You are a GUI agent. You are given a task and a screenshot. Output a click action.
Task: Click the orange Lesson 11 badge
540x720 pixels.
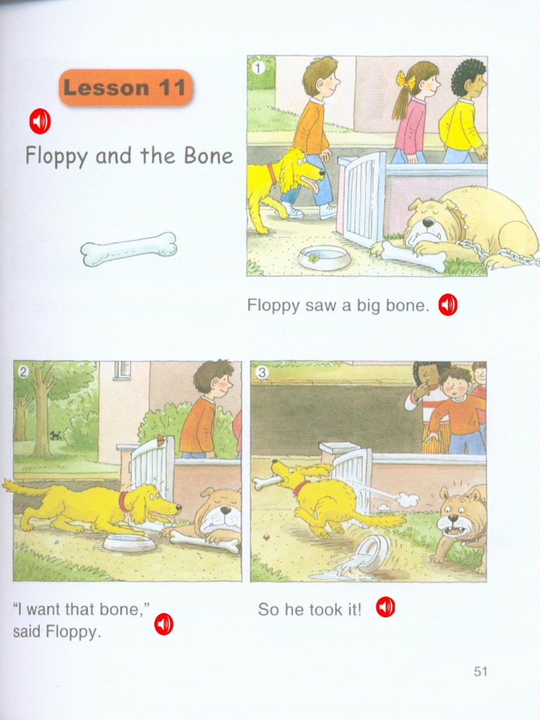point(125,88)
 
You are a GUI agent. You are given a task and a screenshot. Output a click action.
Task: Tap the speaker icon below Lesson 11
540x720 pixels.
point(39,122)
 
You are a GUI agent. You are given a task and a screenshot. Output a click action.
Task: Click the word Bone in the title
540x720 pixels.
point(208,156)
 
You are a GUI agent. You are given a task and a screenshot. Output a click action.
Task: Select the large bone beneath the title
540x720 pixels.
point(129,249)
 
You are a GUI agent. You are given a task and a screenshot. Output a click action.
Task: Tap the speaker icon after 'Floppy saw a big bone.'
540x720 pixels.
point(448,304)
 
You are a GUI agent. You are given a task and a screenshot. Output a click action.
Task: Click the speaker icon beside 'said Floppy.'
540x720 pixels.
point(164,624)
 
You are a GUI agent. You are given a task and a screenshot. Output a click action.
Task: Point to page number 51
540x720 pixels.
point(480,671)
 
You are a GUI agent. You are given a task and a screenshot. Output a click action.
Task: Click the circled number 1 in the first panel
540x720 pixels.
point(257,67)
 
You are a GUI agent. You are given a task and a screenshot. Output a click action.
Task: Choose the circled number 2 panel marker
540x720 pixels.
point(23,373)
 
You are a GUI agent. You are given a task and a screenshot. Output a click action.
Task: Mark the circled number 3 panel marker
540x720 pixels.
point(262,373)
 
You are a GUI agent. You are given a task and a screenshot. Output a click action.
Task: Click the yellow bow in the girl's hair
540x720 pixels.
point(406,80)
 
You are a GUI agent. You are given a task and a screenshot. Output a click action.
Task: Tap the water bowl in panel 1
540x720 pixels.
point(323,257)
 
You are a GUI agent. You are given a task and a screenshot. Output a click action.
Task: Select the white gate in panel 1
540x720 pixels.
point(361,198)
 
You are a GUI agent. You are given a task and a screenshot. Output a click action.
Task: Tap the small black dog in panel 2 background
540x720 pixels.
point(55,435)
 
